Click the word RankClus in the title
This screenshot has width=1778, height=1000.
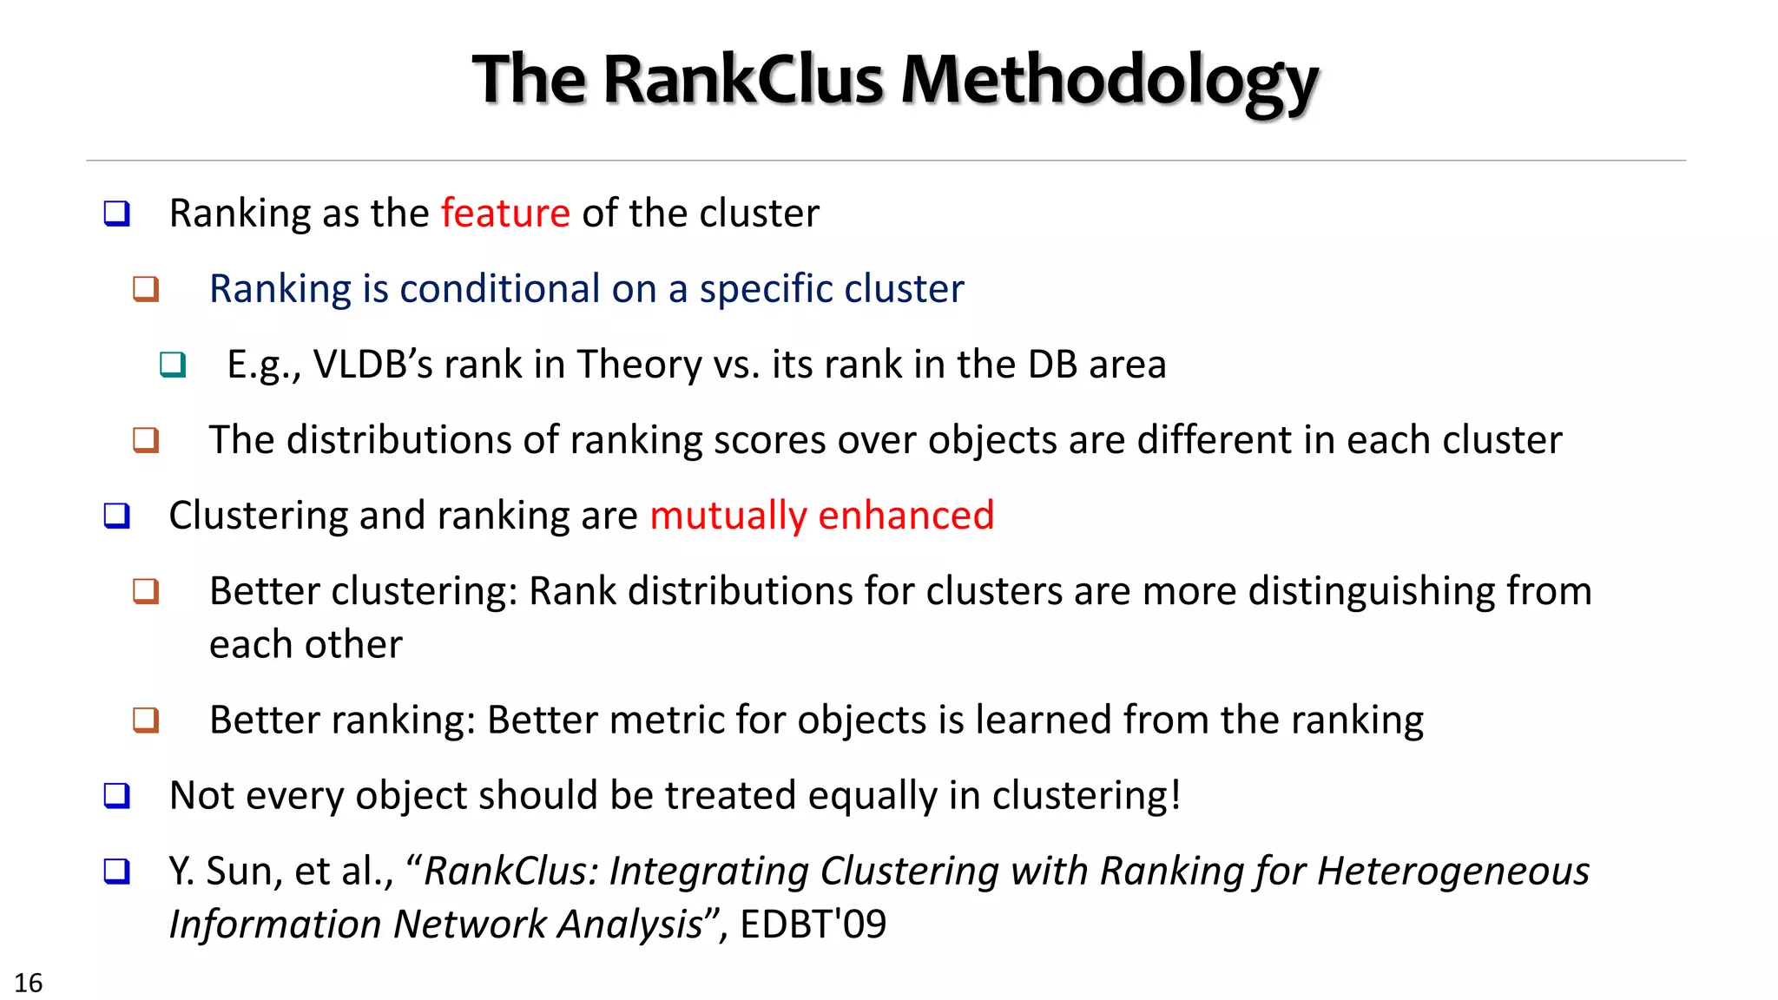[742, 80]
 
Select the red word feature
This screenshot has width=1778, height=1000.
[505, 214]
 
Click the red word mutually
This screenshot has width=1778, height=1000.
[728, 516]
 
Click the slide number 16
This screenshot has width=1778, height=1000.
[28, 983]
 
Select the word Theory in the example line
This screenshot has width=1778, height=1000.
[640, 365]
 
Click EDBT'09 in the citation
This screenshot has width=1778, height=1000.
[813, 924]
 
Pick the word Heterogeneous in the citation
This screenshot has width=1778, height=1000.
[1452, 871]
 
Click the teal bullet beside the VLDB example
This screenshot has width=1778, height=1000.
[173, 365]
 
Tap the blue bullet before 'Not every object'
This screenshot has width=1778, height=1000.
[116, 796]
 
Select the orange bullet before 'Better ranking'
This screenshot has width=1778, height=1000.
[146, 720]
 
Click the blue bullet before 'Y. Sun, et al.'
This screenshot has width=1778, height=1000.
[116, 872]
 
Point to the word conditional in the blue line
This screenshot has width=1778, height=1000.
[499, 289]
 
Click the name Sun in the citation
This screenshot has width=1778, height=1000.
[244, 872]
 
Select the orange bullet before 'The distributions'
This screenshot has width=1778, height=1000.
[146, 440]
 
